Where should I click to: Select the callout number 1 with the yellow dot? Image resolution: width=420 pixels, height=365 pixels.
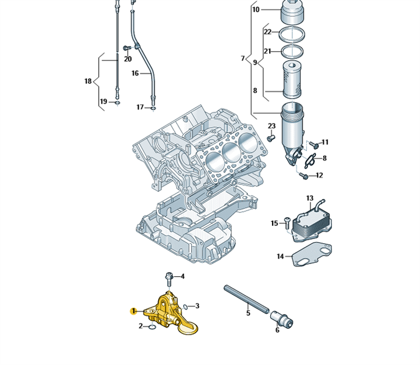133,311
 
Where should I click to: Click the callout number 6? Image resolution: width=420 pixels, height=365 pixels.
277,330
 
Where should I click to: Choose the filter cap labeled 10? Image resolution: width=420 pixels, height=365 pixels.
292,11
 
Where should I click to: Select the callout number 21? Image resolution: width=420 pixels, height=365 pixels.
267,51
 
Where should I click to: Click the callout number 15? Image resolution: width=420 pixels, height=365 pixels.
274,223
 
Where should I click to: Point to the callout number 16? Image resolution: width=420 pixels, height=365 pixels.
135,73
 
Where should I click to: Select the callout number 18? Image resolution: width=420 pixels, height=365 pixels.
88,81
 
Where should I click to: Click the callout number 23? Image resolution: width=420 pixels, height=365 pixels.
271,127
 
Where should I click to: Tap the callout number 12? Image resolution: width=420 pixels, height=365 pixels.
319,175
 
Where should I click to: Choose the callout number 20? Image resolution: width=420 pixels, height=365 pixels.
128,59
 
